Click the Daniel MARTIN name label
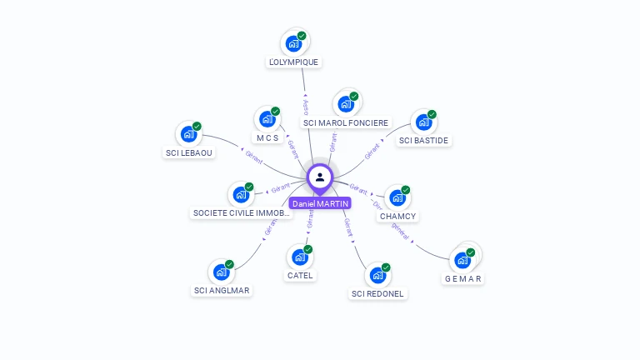320,203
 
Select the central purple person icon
320,177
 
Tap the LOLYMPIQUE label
293,62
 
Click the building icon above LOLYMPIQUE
292,43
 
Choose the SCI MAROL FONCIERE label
346,122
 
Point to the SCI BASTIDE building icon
423,122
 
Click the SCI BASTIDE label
424,140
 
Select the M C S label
267,137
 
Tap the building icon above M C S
267,119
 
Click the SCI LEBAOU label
189,152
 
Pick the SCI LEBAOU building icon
188,134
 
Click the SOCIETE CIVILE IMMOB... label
242,212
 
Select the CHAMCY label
397,216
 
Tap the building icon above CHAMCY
397,198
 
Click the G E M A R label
463,278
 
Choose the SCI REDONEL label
377,293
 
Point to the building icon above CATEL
299,257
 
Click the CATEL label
301,275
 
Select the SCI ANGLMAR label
222,290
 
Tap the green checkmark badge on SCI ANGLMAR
229,264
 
